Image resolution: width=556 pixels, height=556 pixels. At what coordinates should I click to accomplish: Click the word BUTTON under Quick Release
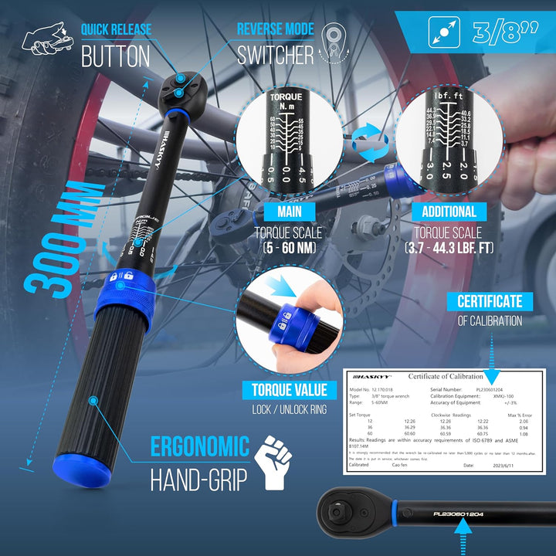116,56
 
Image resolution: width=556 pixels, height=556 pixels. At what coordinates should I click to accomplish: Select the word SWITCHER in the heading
276,56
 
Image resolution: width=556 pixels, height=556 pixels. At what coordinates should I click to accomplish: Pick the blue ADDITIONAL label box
449,212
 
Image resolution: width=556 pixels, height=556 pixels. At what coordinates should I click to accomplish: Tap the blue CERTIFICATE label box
490,301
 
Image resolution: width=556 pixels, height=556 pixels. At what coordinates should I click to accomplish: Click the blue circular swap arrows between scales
370,144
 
